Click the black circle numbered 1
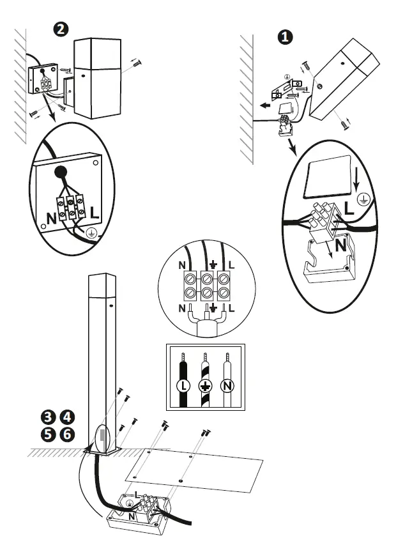coord(285,36)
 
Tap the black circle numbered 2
coord(61,29)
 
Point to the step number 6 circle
coord(66,434)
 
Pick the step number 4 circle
coord(66,417)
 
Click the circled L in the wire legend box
coord(182,385)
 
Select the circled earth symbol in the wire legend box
coord(205,385)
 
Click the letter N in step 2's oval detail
coord(50,218)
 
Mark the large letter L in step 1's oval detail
coord(349,206)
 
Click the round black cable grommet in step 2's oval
coord(61,171)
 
